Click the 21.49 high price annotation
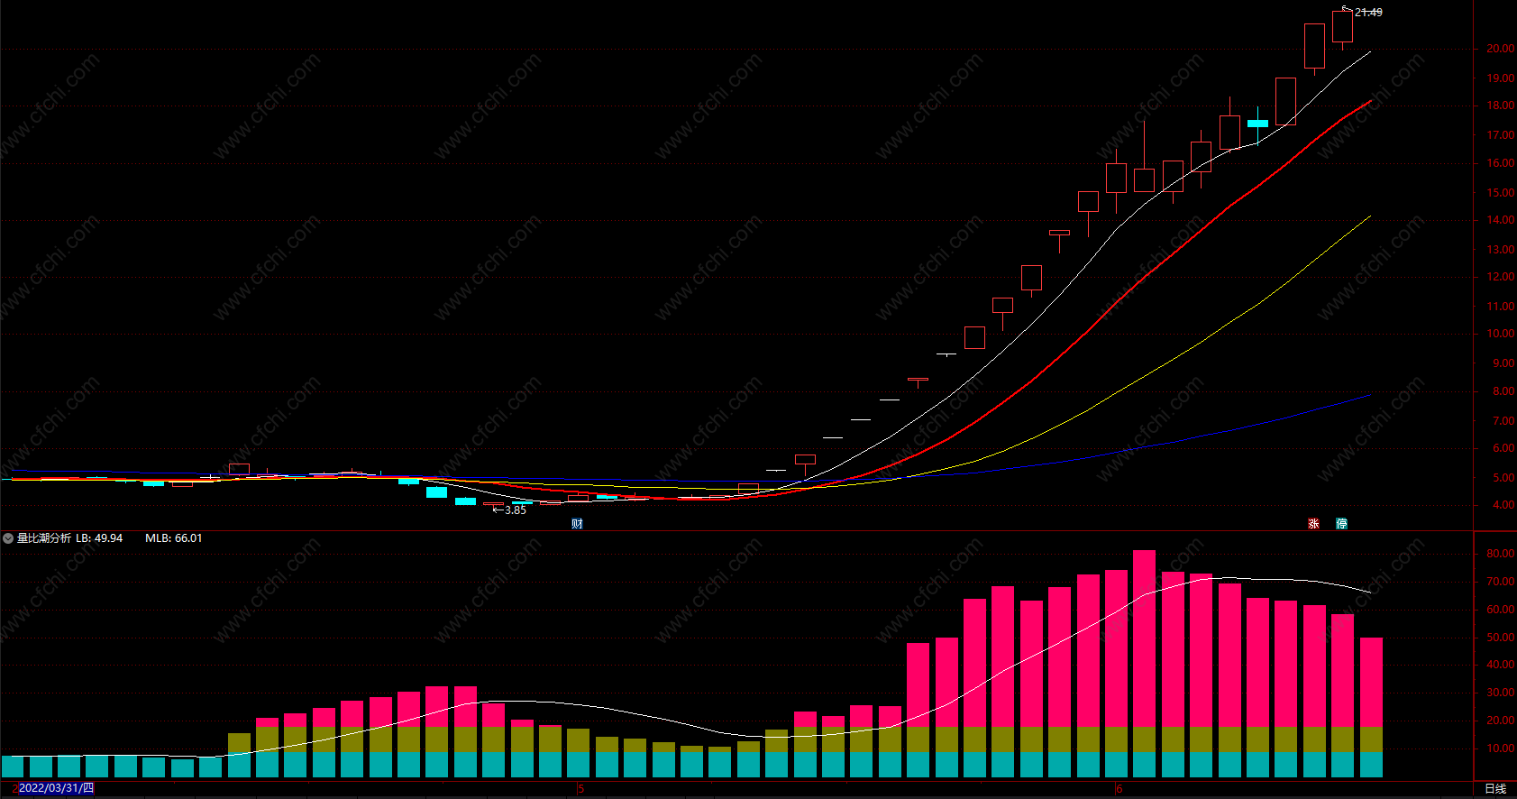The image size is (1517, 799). point(1367,13)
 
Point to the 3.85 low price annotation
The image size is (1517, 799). point(515,510)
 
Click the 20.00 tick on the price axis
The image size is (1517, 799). point(1500,49)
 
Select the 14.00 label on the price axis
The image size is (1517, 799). point(1500,220)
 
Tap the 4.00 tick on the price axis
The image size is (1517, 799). point(1503,505)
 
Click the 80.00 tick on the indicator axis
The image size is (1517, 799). point(1500,554)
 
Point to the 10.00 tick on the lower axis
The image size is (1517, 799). point(1500,748)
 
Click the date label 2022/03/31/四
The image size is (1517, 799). point(56,788)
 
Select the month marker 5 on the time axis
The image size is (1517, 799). point(581,789)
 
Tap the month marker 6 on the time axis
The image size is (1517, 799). point(1119,789)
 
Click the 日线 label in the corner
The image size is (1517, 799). point(1494,788)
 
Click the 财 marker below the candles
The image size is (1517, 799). point(577,524)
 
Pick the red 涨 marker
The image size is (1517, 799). point(1314,524)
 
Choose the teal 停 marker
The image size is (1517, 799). point(1341,524)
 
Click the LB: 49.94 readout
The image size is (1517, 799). point(99,538)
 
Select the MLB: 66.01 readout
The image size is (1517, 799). point(173,538)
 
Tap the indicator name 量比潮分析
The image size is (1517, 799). point(43,538)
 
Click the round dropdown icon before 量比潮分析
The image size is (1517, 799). point(8,538)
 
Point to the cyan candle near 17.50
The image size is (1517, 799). point(1257,124)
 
